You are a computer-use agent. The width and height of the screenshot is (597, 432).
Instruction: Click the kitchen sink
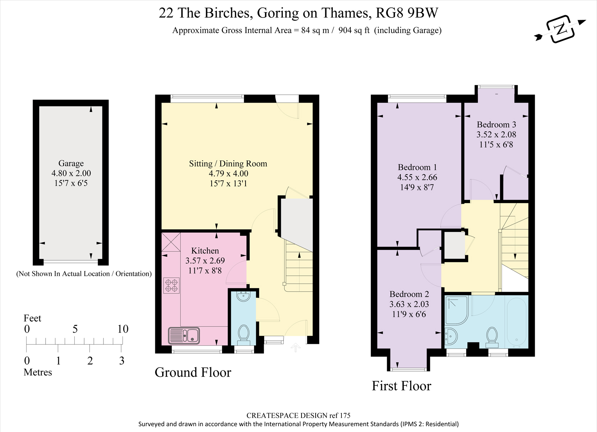pos(184,336)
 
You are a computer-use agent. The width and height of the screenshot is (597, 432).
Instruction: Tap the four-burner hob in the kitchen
pos(171,285)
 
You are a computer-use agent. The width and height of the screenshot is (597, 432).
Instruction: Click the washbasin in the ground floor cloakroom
pos(243,296)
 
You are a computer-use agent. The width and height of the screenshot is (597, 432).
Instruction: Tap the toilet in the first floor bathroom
pos(492,337)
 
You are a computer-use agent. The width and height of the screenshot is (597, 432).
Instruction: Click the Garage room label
pos(71,163)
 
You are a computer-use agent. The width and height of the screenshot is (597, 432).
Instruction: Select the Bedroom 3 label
pos(496,125)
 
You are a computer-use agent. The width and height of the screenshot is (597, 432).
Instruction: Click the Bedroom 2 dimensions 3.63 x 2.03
pos(409,304)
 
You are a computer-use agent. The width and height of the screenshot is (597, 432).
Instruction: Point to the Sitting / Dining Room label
pos(228,163)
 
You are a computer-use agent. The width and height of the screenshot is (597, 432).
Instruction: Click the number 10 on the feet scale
pos(123,329)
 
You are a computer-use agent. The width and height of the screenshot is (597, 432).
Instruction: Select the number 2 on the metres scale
pos(90,361)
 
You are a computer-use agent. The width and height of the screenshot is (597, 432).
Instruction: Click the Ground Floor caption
pos(193,372)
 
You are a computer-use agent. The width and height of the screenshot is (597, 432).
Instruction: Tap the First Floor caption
pos(401,386)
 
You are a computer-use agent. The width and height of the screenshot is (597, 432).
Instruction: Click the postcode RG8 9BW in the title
pos(407,13)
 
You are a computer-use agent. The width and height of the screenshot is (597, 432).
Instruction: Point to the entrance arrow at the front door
pos(295,347)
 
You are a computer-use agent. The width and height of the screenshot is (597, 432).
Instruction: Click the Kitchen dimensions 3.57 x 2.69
pos(205,261)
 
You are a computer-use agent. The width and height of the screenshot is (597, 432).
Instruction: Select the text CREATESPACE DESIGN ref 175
pos(298,415)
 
